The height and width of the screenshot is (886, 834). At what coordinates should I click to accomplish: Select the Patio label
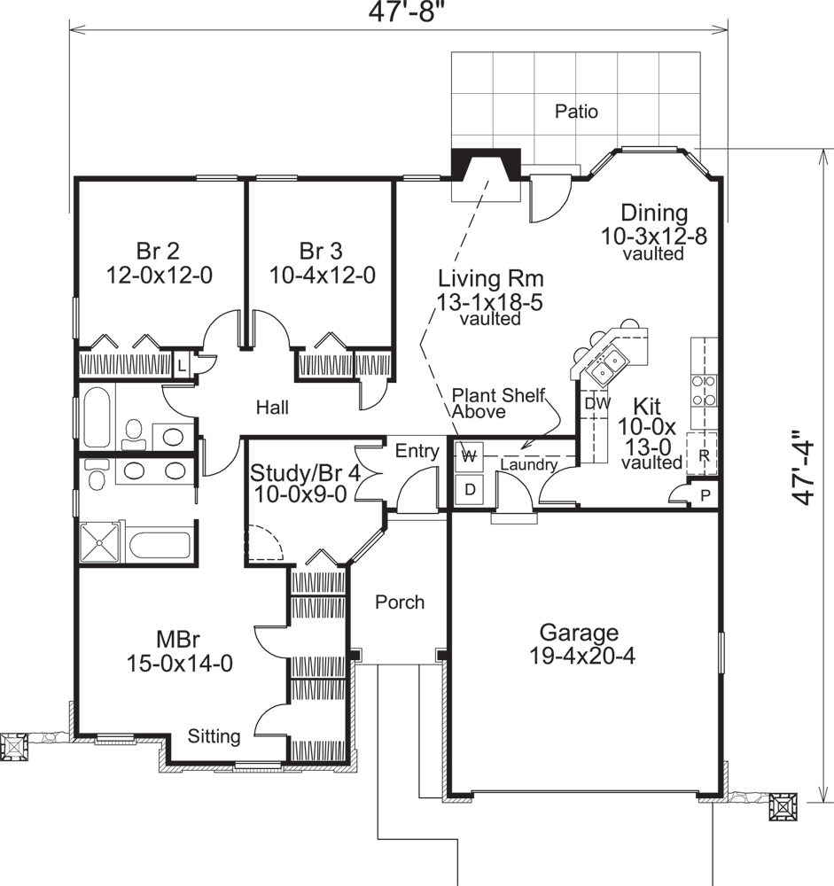tap(576, 112)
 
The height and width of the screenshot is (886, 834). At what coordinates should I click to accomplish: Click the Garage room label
tap(579, 633)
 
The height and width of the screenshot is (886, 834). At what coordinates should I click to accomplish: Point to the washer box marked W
tap(470, 457)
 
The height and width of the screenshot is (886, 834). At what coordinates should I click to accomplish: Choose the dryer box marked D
tap(470, 488)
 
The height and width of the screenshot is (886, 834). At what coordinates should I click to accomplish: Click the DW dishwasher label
tap(595, 403)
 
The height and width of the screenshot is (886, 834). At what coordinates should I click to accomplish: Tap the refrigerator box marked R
tap(703, 456)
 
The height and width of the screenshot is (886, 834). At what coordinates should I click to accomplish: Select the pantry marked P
tap(705, 495)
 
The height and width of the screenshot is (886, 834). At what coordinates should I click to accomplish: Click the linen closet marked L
tap(181, 364)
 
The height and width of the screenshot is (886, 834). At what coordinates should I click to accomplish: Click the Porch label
tap(399, 602)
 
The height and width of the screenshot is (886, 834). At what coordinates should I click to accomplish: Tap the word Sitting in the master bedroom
tap(214, 736)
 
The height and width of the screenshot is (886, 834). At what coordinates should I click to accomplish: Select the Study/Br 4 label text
tap(305, 472)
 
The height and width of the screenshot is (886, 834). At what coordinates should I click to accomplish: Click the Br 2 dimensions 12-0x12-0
tap(160, 275)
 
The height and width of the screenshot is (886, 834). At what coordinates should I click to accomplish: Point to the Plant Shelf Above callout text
tap(498, 403)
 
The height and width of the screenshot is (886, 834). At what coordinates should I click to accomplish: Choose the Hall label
tap(272, 408)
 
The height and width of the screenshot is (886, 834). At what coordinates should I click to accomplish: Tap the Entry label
tap(417, 452)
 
